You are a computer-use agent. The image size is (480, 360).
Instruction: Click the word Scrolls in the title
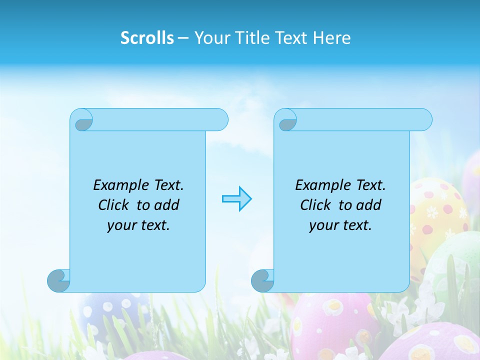point(147,38)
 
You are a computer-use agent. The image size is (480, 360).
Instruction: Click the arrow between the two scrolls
point(236,199)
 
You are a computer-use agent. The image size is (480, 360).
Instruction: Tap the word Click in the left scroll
point(114,205)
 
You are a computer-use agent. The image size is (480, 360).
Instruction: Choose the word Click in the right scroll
point(316,205)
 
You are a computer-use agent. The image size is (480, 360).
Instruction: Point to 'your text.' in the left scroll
point(138,225)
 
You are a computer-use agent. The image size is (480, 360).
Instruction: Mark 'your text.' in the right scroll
point(340,225)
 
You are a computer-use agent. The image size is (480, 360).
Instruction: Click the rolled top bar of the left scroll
point(160,119)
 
